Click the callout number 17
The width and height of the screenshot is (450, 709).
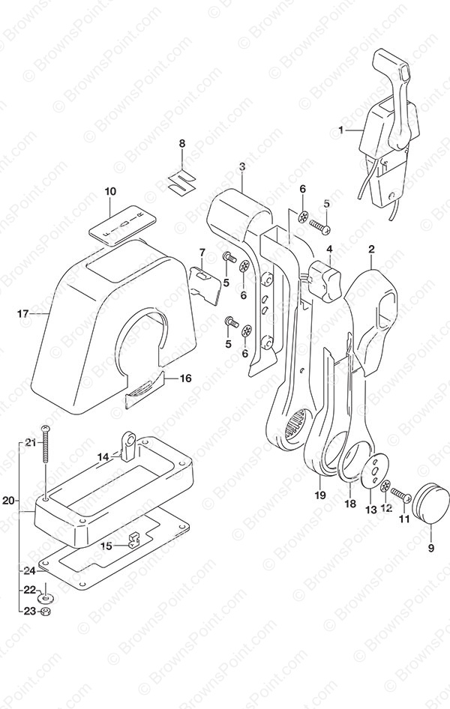click(23, 313)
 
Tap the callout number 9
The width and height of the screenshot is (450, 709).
click(430, 548)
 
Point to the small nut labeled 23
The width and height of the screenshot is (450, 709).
click(45, 612)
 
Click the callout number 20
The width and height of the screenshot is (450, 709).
click(10, 501)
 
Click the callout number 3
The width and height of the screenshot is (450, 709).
click(242, 167)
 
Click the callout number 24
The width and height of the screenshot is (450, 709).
click(29, 570)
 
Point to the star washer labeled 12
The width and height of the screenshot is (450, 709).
click(385, 486)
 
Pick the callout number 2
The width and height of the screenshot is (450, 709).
click(372, 248)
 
